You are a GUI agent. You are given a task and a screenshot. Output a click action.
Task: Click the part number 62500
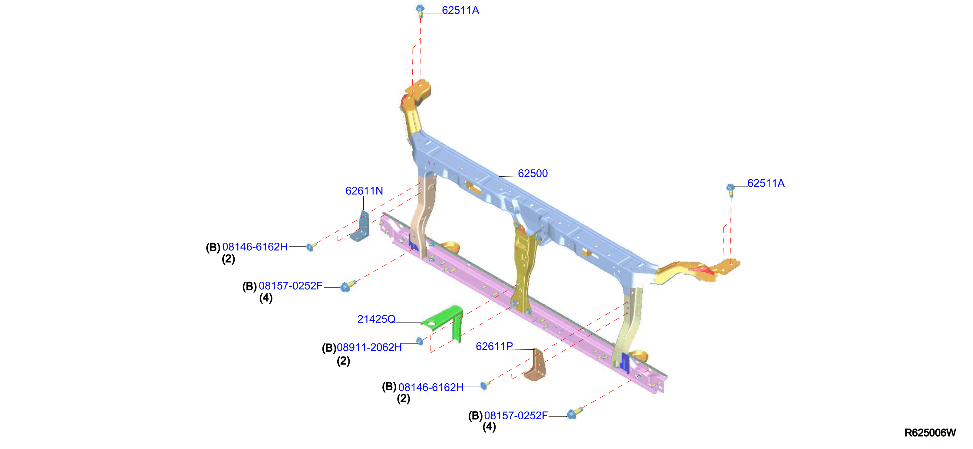[x=533, y=173]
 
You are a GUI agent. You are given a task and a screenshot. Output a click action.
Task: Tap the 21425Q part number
[x=376, y=319]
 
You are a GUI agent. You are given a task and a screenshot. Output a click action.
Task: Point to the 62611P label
[x=494, y=346]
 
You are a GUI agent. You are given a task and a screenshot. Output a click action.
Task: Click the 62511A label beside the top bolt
[x=460, y=10]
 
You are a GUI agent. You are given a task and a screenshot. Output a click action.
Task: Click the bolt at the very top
[x=420, y=10]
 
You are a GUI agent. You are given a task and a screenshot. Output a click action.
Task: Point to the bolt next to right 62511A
[x=731, y=190]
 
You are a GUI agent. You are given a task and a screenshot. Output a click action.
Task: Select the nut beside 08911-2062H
[x=420, y=341]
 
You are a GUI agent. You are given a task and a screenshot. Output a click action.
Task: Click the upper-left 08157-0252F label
[x=290, y=286]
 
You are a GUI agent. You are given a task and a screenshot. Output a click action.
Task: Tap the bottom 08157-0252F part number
[x=516, y=415]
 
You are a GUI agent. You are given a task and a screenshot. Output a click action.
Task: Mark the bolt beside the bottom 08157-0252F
[x=574, y=413]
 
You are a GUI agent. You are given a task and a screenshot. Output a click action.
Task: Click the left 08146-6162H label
[x=255, y=247]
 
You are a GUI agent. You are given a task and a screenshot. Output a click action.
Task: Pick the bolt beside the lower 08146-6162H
[x=485, y=385]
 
